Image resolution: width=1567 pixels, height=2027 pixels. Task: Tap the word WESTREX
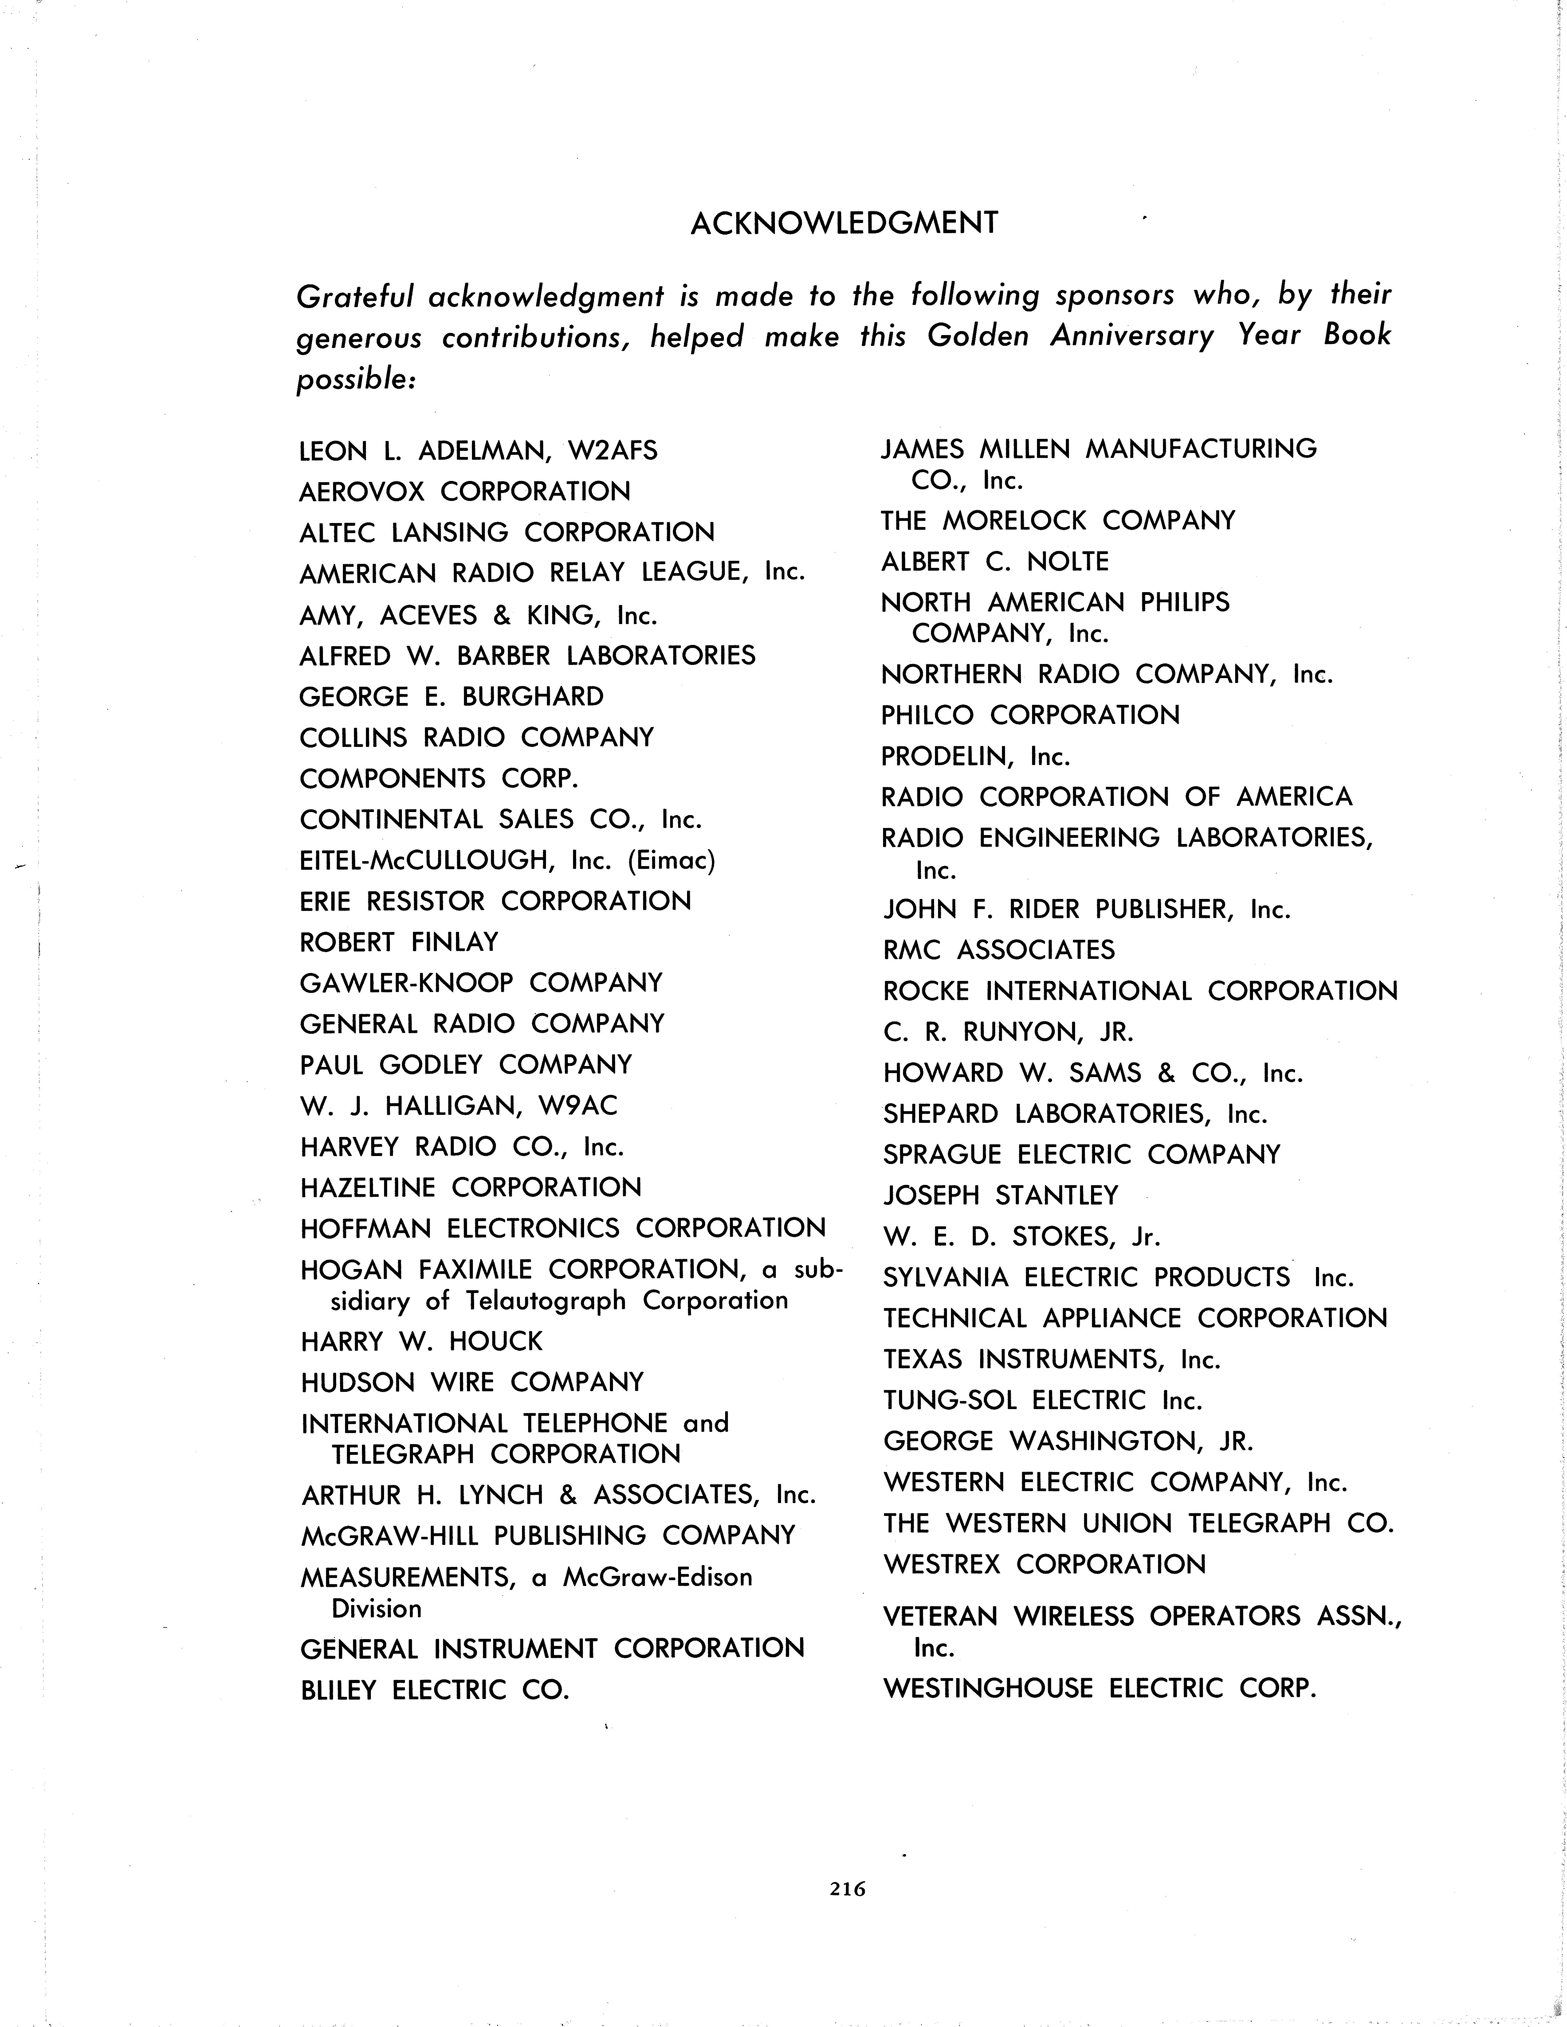pos(942,1564)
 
